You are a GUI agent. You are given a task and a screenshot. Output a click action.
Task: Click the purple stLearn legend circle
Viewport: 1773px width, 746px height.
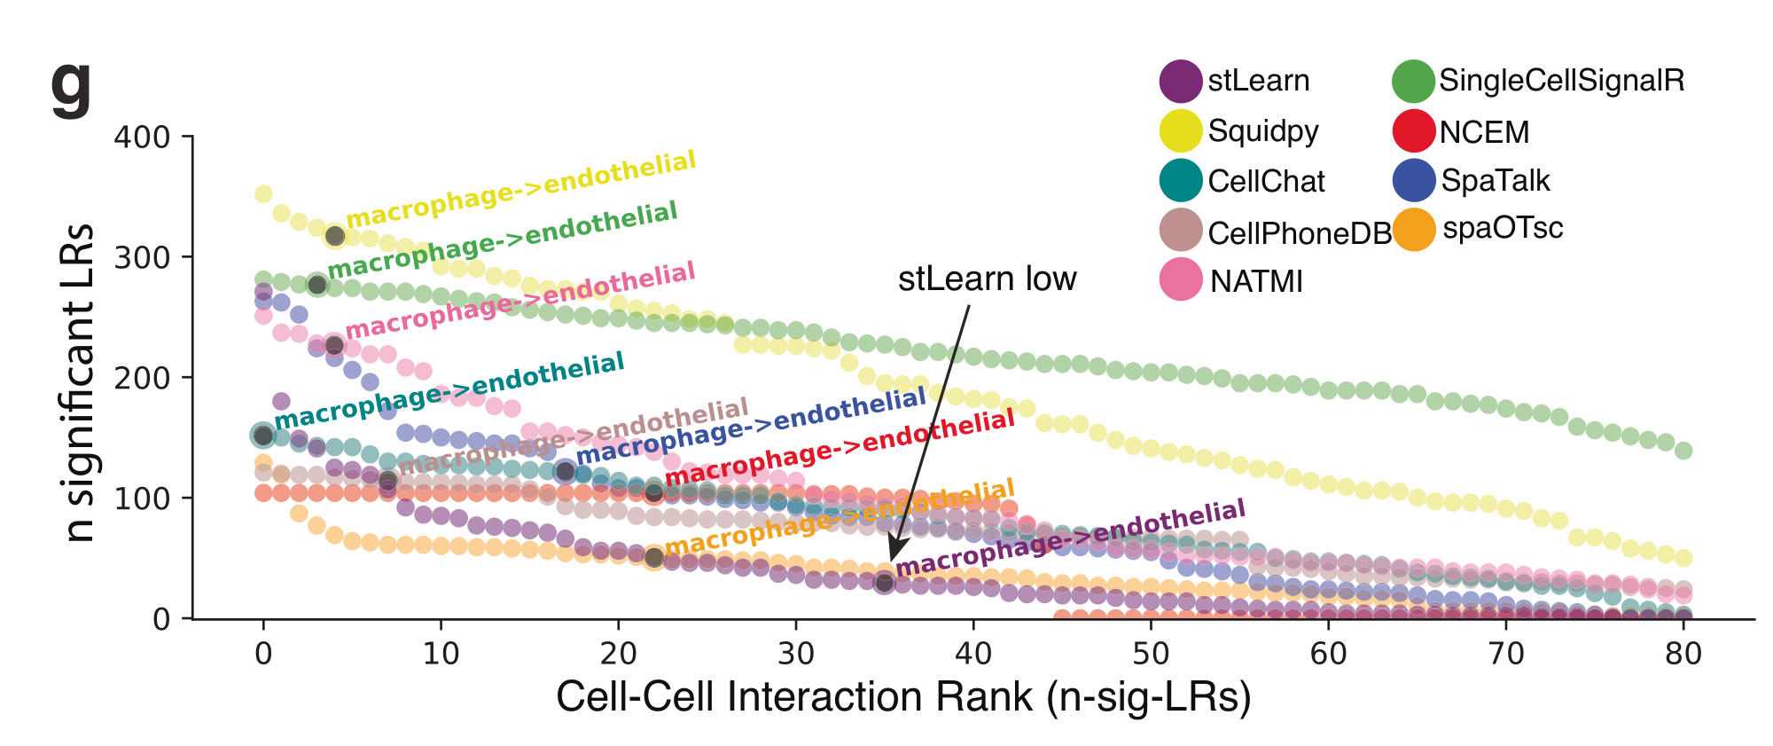[1181, 81]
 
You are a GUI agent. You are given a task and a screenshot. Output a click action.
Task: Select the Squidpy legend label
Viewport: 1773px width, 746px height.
[1263, 131]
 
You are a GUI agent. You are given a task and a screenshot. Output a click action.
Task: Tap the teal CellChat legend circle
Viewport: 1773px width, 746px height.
[1181, 180]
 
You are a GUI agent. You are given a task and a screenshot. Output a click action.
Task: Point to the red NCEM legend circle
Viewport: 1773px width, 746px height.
[1414, 131]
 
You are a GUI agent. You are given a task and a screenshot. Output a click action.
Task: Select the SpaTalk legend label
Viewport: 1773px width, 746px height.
[1496, 180]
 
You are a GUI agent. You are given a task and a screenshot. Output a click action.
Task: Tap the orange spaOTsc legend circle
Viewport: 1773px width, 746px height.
[1414, 230]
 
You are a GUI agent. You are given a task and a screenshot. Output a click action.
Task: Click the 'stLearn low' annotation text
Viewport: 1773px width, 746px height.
[987, 279]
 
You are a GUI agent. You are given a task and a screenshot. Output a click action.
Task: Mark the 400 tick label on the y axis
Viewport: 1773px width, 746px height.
[142, 137]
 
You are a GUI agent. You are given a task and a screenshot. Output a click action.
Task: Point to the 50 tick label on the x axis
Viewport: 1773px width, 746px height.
[1151, 655]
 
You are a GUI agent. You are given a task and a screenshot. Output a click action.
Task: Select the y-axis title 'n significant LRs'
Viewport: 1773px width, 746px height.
[80, 382]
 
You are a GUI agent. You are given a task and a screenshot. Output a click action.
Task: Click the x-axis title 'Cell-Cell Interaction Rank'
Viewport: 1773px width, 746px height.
[902, 697]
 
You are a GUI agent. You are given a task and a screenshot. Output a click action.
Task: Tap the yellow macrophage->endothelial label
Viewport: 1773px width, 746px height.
[521, 188]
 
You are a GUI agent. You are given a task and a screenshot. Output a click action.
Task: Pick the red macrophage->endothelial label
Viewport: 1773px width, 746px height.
[840, 447]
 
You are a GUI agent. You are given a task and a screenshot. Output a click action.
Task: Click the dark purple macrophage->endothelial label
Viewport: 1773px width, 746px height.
[1070, 538]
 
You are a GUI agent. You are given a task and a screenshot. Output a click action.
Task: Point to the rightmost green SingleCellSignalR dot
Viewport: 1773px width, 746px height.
[1683, 451]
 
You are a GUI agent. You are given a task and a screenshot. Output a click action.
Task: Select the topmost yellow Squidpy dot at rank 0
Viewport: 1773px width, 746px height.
[263, 194]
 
